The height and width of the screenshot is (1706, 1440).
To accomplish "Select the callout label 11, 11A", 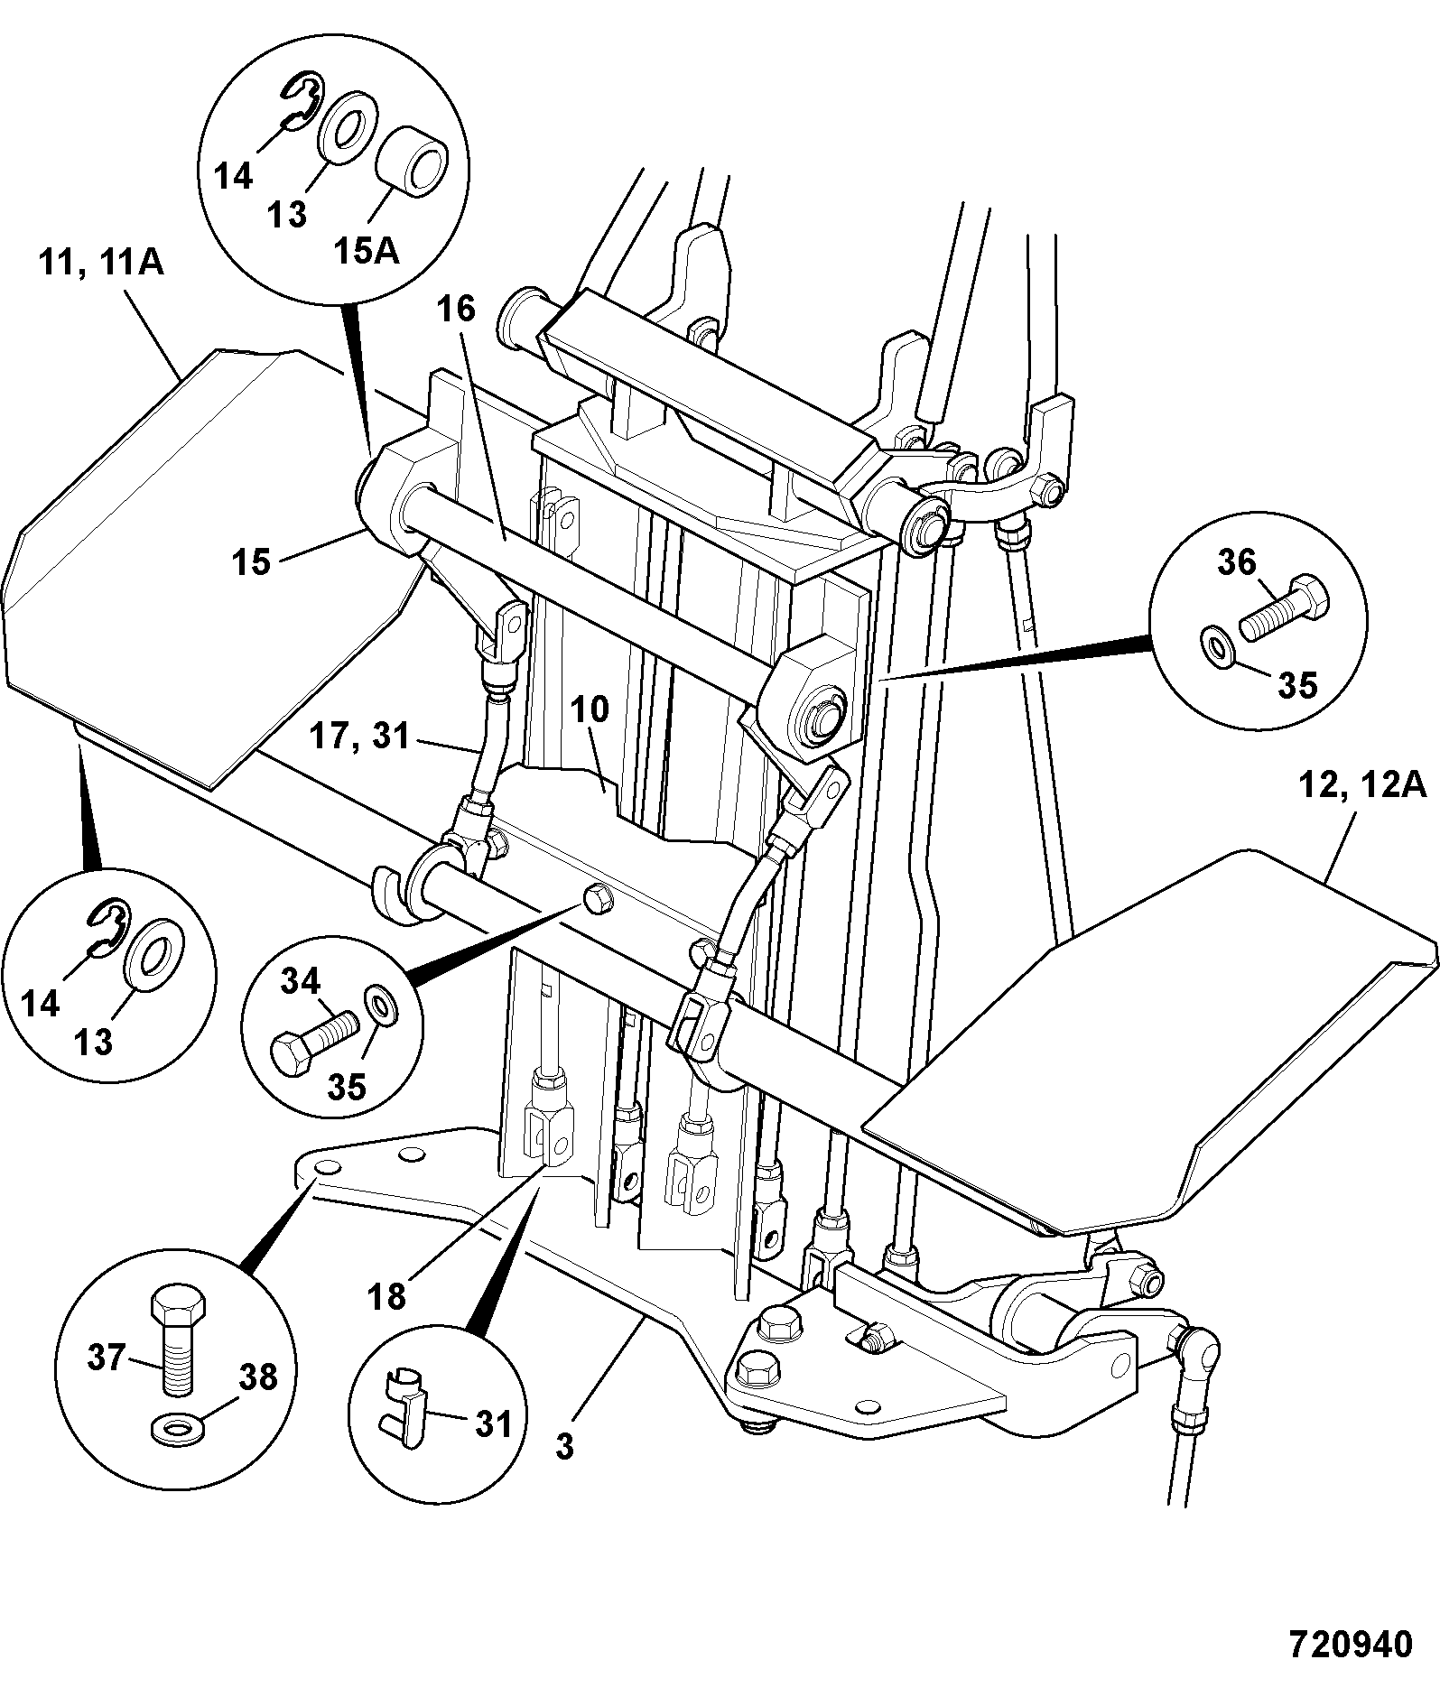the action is (100, 263).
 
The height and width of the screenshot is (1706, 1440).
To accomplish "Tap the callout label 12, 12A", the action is (1363, 784).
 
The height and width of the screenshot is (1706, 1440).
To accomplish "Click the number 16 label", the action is (457, 309).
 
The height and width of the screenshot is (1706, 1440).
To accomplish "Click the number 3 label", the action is (564, 1447).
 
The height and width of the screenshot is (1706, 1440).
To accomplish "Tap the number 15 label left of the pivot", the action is (250, 561).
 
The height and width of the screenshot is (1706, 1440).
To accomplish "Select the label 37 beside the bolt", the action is (106, 1357).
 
